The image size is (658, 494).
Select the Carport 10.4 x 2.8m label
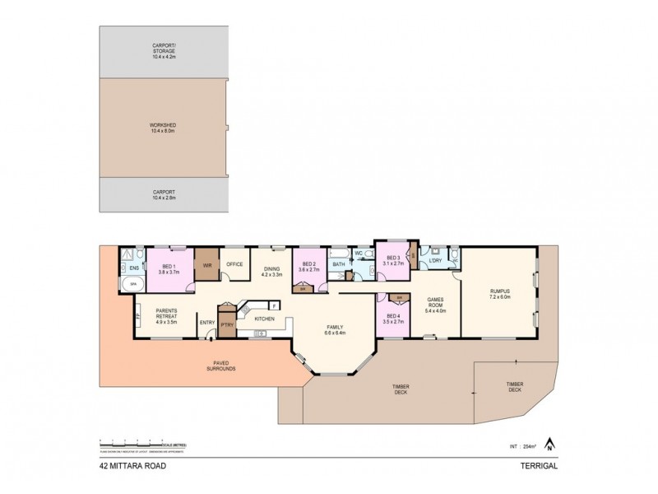(165, 195)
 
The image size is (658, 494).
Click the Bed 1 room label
(168, 269)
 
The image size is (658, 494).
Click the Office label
(236, 265)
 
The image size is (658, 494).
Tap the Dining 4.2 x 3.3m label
(271, 271)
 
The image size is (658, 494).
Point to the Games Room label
(434, 304)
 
